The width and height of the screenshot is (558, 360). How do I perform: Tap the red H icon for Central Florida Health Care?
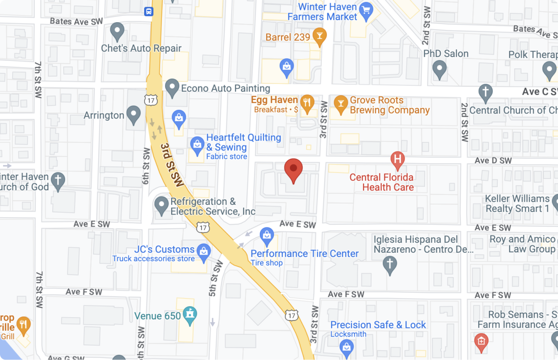pos(397,159)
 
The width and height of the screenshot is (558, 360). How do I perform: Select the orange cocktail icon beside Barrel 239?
pos(319,36)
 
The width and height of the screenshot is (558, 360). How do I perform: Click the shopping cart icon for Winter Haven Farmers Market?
pos(366,11)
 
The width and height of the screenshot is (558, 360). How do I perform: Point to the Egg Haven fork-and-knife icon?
pos(307,103)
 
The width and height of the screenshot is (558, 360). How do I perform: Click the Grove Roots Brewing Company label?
pos(389,105)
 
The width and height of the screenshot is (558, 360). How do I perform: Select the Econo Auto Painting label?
pos(225,88)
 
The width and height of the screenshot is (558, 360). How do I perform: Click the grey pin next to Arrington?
pos(133,114)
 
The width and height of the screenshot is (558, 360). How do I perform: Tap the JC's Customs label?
pos(164,250)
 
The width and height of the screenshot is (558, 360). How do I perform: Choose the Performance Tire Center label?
pos(304,254)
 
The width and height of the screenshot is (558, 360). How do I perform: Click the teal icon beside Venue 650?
pos(190,315)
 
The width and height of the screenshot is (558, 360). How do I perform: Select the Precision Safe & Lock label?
pos(378,325)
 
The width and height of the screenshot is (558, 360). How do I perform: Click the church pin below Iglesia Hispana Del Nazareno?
pos(389,265)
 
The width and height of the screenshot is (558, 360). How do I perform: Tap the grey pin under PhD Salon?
pos(440,69)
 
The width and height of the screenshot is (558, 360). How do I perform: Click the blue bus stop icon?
pos(149,12)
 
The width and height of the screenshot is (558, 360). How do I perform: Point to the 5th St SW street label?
pos(215,279)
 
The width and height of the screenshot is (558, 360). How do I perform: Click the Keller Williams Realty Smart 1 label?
pos(517,203)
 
